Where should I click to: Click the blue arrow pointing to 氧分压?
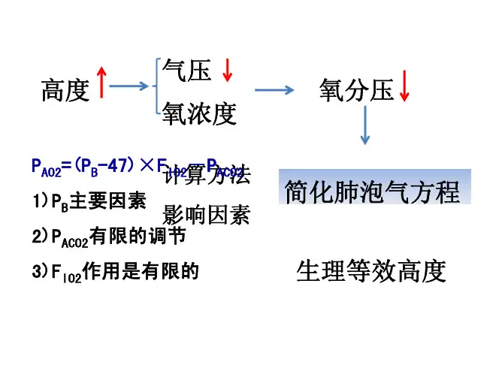click(274, 90)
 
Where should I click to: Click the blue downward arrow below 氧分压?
click(366, 125)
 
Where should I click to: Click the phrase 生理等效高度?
click(371, 271)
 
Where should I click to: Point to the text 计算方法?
click(207, 177)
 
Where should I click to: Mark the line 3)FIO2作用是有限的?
click(115, 272)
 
